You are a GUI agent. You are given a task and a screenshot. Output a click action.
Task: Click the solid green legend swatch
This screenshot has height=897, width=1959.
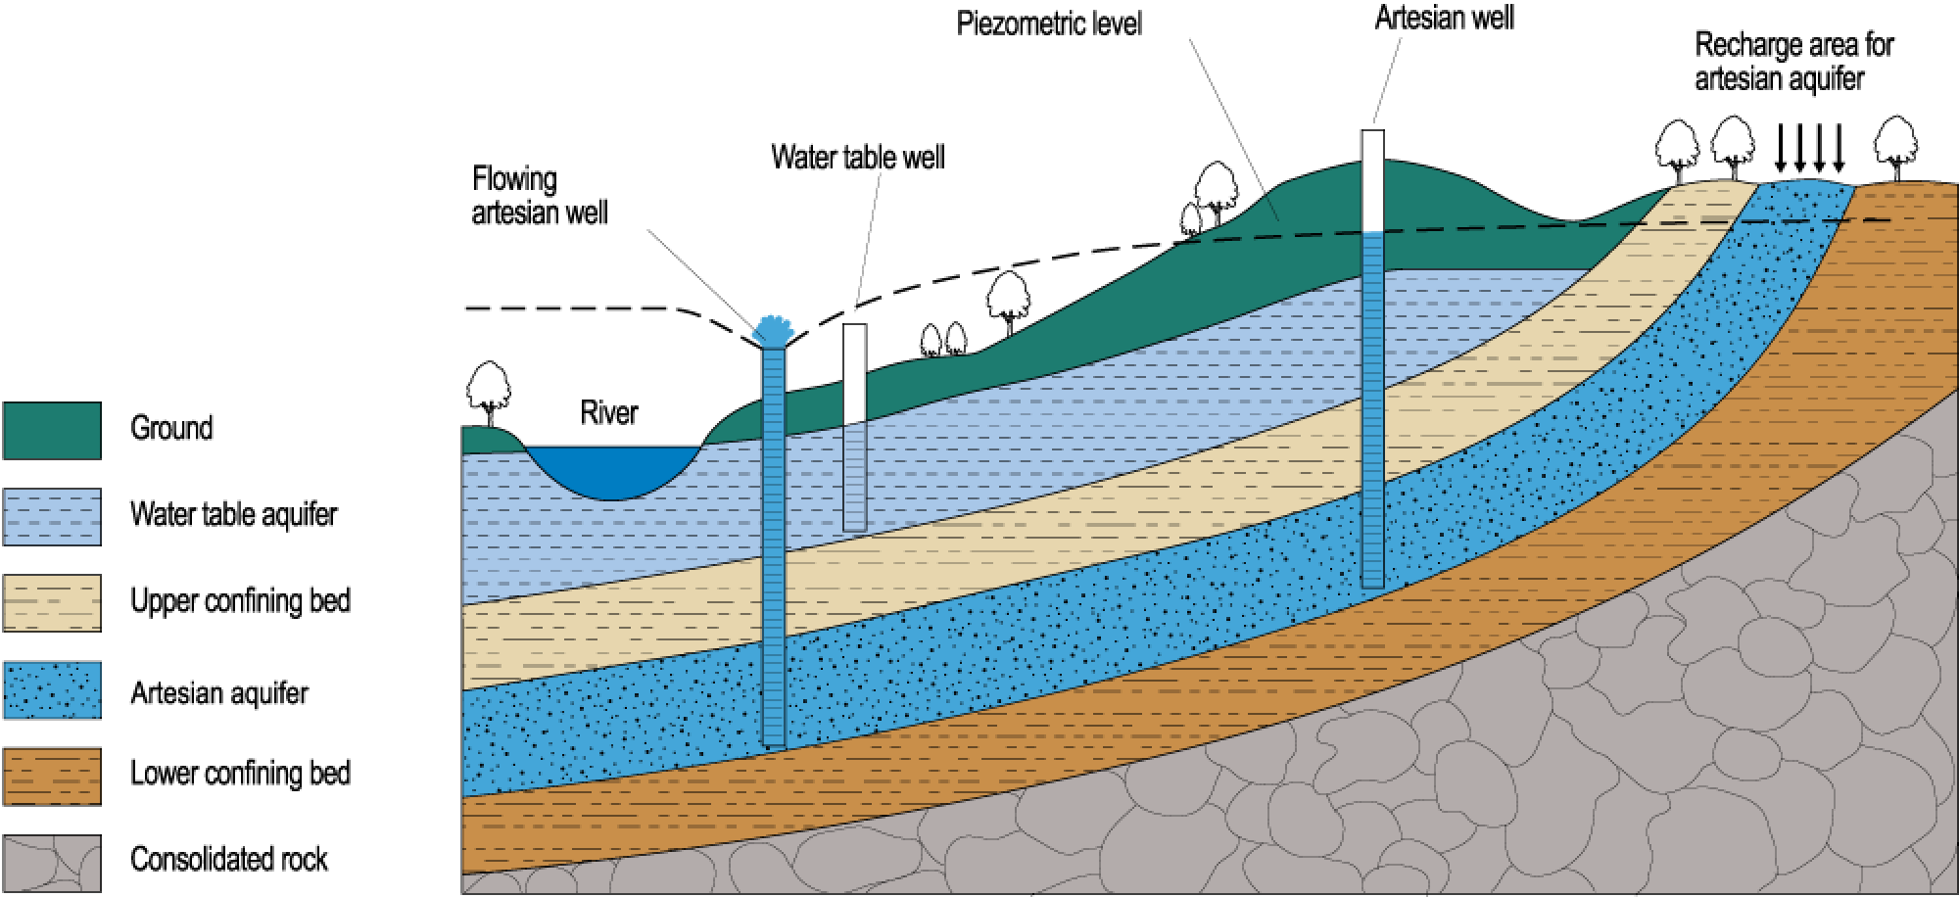tap(52, 430)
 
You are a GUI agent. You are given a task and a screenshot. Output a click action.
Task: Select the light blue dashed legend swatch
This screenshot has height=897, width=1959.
tap(52, 516)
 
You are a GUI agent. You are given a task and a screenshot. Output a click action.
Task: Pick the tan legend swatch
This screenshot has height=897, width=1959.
tap(52, 602)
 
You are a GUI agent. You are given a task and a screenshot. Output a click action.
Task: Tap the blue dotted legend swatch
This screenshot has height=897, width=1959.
tap(52, 689)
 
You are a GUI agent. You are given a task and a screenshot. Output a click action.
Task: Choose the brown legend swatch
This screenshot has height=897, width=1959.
tap(52, 776)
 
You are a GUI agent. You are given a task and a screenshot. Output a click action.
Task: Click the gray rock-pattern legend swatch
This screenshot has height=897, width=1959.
tap(52, 862)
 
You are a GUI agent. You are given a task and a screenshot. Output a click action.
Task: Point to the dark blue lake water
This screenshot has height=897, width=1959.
tap(613, 470)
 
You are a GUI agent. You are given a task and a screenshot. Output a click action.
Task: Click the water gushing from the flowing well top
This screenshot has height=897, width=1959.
tap(774, 329)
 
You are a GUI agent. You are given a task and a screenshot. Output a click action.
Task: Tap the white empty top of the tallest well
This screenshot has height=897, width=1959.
tap(1372, 180)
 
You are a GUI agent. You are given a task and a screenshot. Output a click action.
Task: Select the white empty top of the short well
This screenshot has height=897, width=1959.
tap(854, 373)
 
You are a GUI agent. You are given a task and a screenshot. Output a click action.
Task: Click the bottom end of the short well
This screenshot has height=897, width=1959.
tap(854, 528)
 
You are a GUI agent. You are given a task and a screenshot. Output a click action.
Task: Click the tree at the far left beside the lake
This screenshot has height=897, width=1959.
tap(489, 386)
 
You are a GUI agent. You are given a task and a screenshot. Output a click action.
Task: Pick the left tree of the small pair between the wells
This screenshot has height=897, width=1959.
tap(931, 340)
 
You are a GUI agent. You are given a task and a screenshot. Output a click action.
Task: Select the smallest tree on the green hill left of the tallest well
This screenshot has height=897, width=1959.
tap(1191, 218)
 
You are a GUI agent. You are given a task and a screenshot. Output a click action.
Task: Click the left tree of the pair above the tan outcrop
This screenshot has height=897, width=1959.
tap(1677, 147)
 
